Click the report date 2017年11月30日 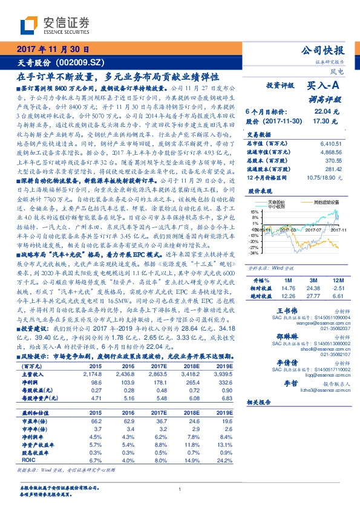coord(53,50)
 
